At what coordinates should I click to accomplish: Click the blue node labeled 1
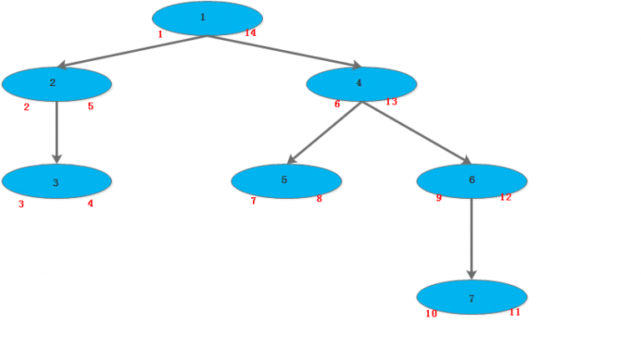pos(207,18)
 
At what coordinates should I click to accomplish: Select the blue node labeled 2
pos(57,84)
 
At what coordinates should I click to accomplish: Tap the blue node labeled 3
pos(57,181)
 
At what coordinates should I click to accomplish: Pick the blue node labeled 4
pos(361,84)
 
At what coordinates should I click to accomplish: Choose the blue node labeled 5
pos(286,180)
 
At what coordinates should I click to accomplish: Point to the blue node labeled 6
pos(472,180)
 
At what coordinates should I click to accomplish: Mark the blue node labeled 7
pos(472,297)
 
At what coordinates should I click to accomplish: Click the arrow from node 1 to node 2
pos(132,51)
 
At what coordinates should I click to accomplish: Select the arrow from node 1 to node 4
pos(284,51)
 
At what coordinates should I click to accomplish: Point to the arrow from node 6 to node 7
pos(472,238)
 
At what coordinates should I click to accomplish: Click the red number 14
pos(250,33)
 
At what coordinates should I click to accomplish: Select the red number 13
pos(391,102)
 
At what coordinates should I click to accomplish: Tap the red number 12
pos(506,197)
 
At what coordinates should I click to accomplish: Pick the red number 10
pos(432,314)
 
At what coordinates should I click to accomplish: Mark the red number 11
pos(515,312)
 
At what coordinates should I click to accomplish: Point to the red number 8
pos(319,199)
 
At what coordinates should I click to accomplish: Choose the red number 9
pos(439,198)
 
